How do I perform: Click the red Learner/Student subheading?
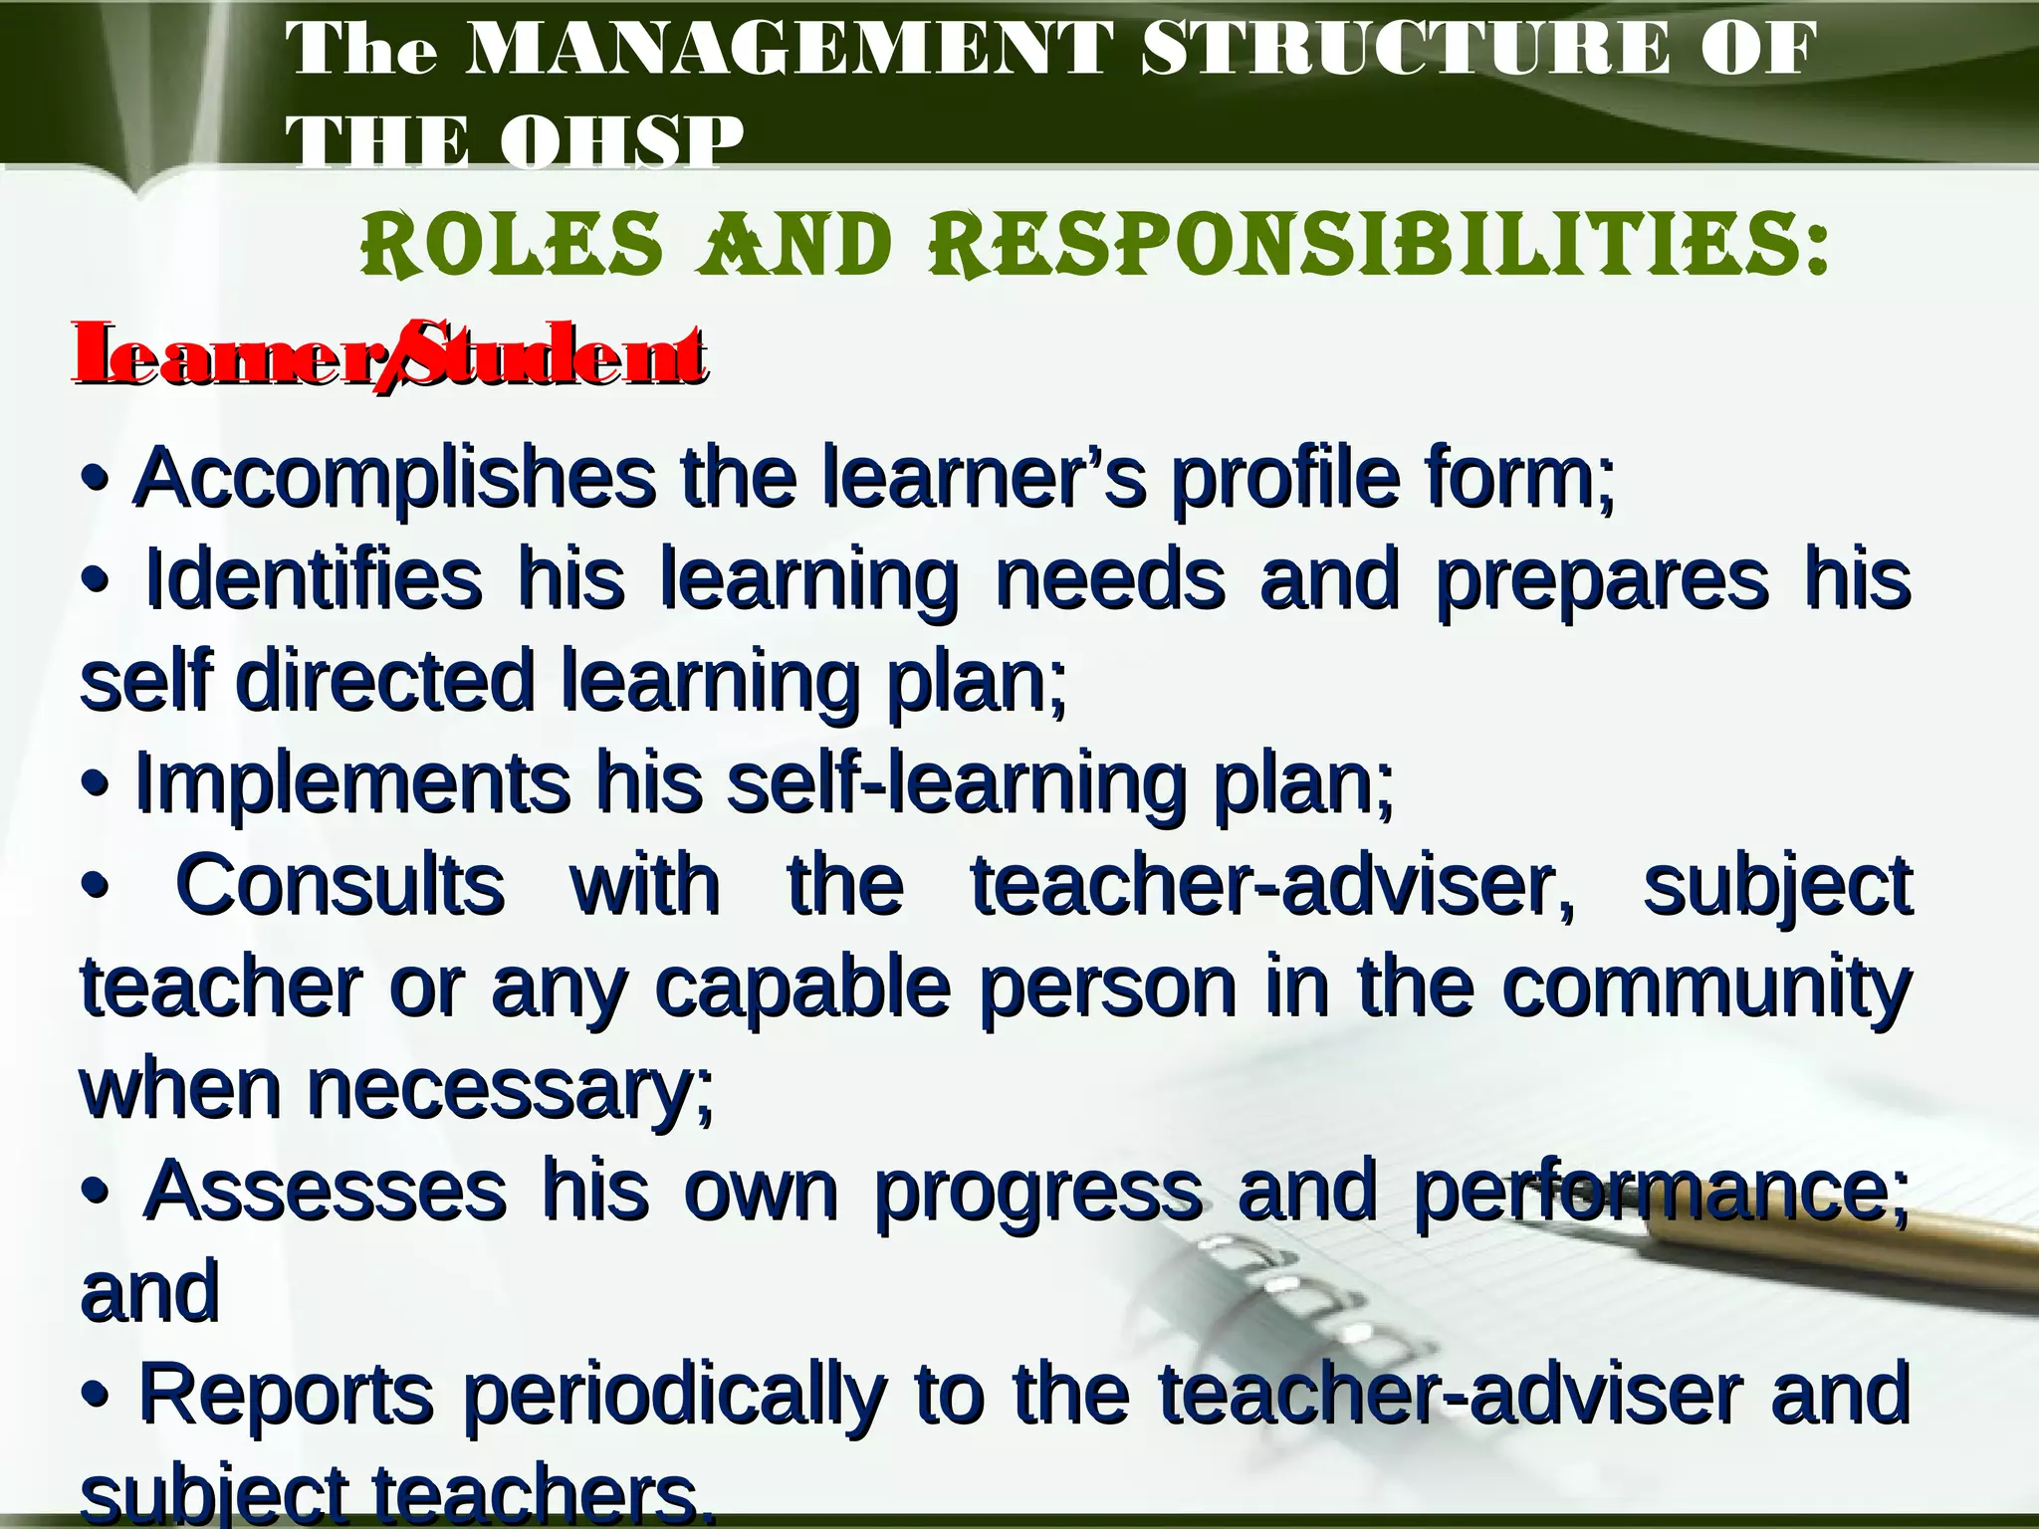[388, 354]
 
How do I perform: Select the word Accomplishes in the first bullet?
[394, 480]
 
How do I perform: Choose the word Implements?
[352, 783]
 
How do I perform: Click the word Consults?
[340, 885]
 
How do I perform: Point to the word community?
[1705, 988]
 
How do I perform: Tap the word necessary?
[510, 1092]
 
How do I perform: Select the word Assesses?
[325, 1192]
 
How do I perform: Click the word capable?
[802, 988]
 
